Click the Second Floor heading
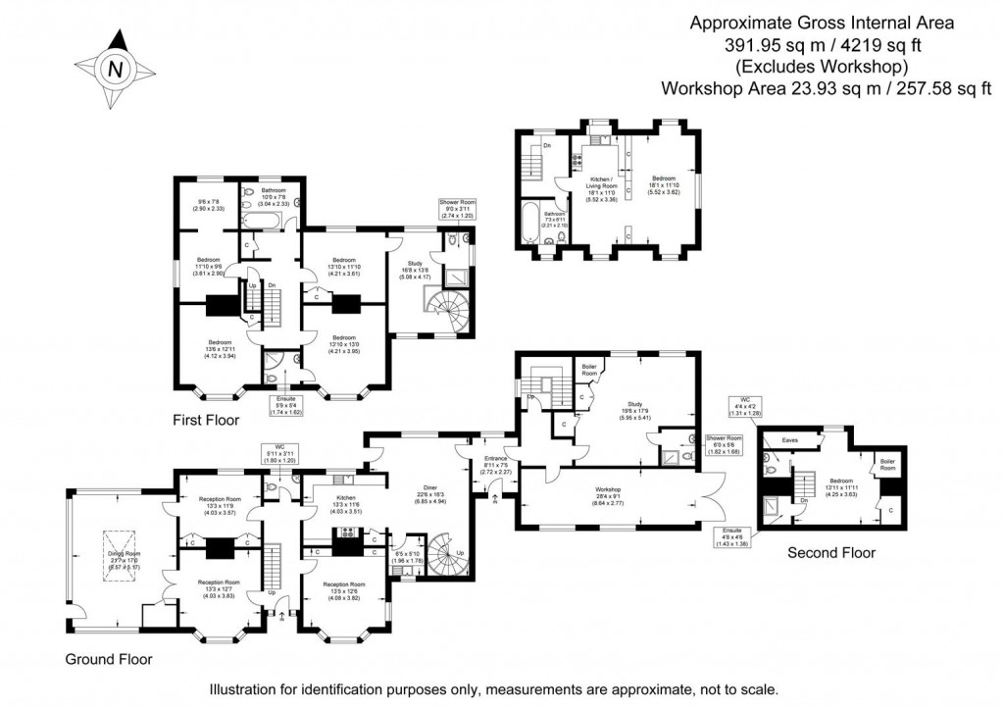(831, 553)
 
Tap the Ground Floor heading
(108, 658)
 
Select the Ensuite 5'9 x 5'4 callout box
(286, 407)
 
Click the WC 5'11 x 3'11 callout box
(282, 454)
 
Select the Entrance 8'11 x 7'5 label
(495, 464)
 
